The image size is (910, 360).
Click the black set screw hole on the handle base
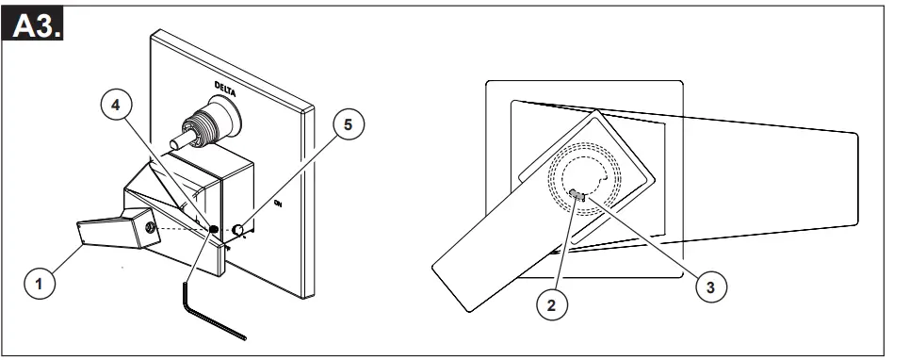[x=215, y=229]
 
